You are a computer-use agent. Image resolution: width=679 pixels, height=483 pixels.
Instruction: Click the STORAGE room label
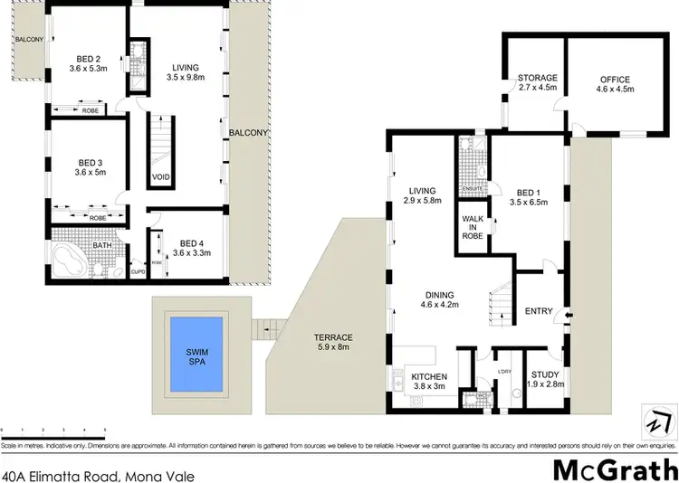pos(537,78)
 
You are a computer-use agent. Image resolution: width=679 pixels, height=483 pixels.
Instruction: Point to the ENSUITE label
pos(472,188)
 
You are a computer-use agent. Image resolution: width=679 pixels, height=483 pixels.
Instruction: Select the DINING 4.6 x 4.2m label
pos(441,299)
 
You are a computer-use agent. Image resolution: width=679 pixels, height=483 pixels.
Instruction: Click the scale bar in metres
pos(54,431)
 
